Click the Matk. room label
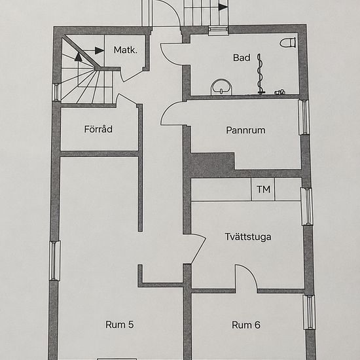pyautogui.click(x=126, y=50)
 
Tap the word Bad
pyautogui.click(x=242, y=58)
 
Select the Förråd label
pyautogui.click(x=98, y=129)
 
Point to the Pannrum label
pyautogui.click(x=245, y=130)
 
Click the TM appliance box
pyautogui.click(x=263, y=189)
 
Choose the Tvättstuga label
pyautogui.click(x=248, y=237)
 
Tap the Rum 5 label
pyautogui.click(x=119, y=325)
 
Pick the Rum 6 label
pyautogui.click(x=246, y=325)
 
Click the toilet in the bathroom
pyautogui.click(x=288, y=43)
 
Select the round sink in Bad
pyautogui.click(x=221, y=87)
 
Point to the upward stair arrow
pyautogui.click(x=79, y=57)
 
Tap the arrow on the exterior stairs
pyautogui.click(x=223, y=7)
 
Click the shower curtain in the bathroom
pyautogui.click(x=260, y=74)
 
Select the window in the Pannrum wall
pyautogui.click(x=304, y=117)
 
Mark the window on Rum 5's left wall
pyautogui.click(x=55, y=261)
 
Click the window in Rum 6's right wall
pyautogui.click(x=309, y=312)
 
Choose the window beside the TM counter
pyautogui.click(x=307, y=206)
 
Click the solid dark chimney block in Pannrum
pyautogui.click(x=212, y=162)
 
